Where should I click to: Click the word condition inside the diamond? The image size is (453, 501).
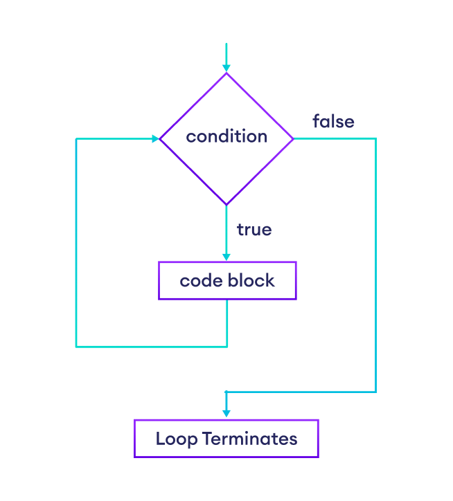click(x=226, y=137)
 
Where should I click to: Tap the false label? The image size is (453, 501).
click(x=333, y=122)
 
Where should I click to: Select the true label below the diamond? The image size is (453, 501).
click(x=254, y=230)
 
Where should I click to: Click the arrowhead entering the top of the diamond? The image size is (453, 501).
click(x=226, y=68)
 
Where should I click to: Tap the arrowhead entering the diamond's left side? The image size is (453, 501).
click(x=155, y=138)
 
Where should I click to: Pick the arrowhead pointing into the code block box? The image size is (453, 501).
click(x=226, y=257)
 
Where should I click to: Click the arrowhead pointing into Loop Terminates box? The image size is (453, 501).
click(x=226, y=414)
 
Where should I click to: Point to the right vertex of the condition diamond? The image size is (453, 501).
click(x=294, y=138)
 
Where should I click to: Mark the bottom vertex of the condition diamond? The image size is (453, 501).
click(x=226, y=205)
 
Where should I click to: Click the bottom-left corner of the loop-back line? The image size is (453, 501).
click(x=76, y=345)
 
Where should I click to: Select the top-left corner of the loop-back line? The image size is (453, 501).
click(x=76, y=139)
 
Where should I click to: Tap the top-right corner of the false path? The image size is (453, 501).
click(x=375, y=138)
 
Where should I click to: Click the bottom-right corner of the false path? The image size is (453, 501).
click(x=375, y=392)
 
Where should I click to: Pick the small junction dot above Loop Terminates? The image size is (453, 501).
click(x=226, y=392)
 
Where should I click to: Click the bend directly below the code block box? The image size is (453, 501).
click(x=227, y=345)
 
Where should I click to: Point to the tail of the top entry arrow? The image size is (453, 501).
click(x=226, y=44)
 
